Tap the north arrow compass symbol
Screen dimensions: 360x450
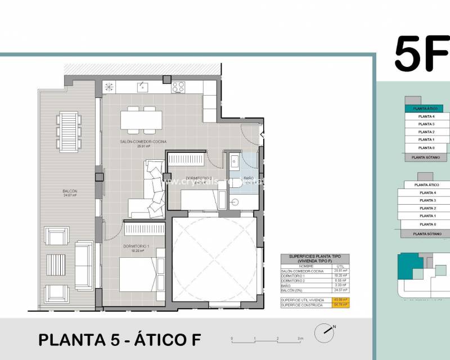pyautogui.click(x=325, y=333)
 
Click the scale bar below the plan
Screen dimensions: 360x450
pyautogui.click(x=267, y=340)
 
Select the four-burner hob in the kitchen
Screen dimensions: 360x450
pyautogui.click(x=178, y=87)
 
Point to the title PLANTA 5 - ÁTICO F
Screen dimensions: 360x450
pyautogui.click(x=119, y=340)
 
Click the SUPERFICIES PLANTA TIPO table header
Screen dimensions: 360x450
pyautogui.click(x=314, y=259)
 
